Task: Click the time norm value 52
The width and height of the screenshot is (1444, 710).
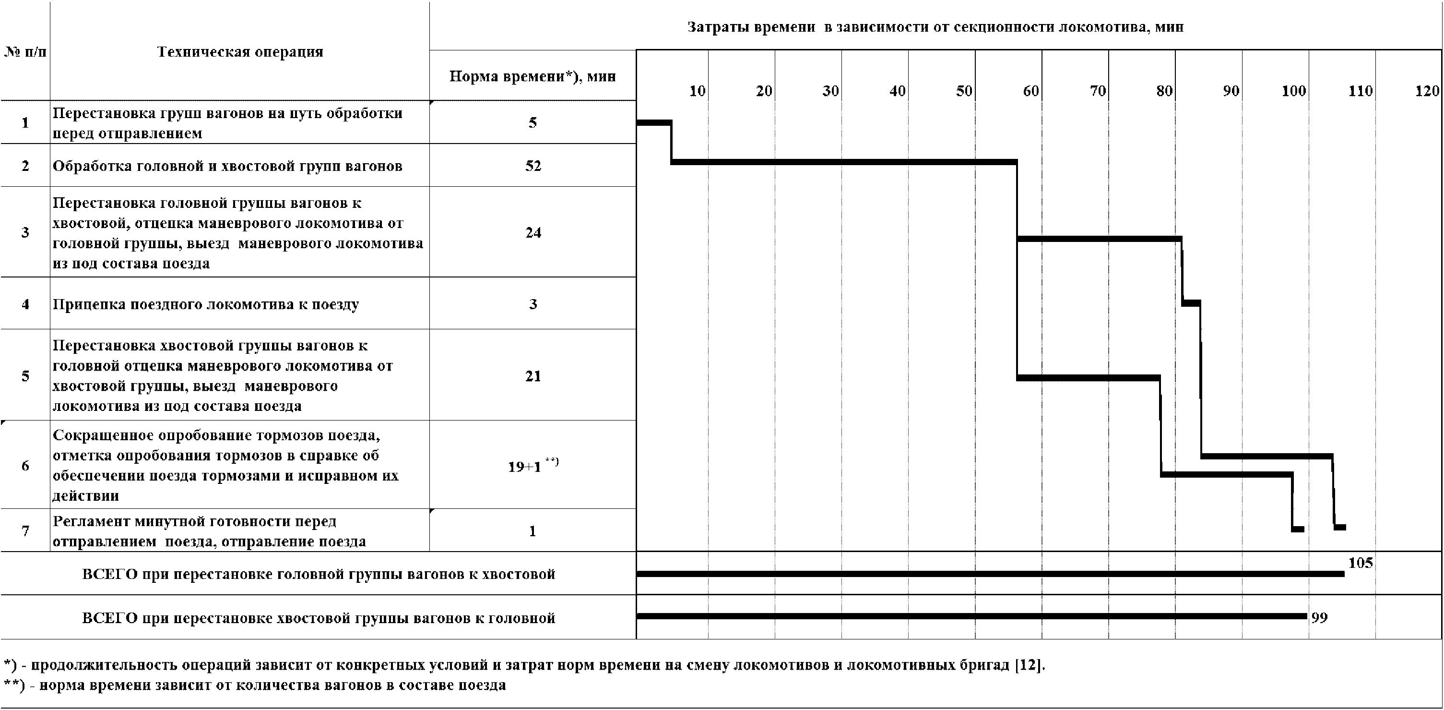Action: pyautogui.click(x=533, y=166)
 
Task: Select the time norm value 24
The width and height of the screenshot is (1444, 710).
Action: pyautogui.click(x=533, y=233)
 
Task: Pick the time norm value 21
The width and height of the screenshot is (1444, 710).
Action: pyautogui.click(x=533, y=376)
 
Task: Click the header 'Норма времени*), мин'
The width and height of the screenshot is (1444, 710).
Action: pyautogui.click(x=533, y=77)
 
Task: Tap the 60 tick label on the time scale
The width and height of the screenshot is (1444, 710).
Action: pyautogui.click(x=1030, y=91)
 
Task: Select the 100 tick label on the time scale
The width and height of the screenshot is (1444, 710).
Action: pyautogui.click(x=1293, y=91)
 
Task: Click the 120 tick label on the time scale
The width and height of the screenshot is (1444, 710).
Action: pyautogui.click(x=1427, y=91)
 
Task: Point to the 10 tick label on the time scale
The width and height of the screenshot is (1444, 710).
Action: pyautogui.click(x=697, y=91)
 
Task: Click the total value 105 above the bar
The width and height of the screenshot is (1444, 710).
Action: pyautogui.click(x=1361, y=563)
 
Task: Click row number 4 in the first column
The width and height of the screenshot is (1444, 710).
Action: pyautogui.click(x=25, y=304)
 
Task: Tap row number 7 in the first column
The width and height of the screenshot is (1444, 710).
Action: pyautogui.click(x=25, y=530)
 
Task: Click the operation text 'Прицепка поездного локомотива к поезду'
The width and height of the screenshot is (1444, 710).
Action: pyautogui.click(x=206, y=304)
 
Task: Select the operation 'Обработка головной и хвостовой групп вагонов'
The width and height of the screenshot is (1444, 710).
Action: pyautogui.click(x=227, y=166)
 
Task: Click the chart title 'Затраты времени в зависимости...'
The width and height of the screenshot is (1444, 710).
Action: pyautogui.click(x=935, y=27)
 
